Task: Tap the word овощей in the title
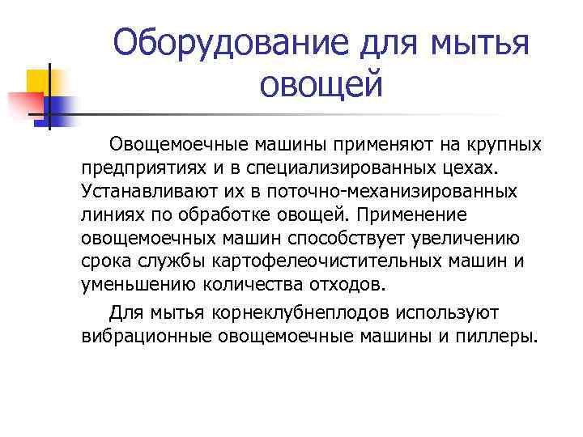tap(321, 83)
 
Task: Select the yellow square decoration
tap(40, 83)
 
